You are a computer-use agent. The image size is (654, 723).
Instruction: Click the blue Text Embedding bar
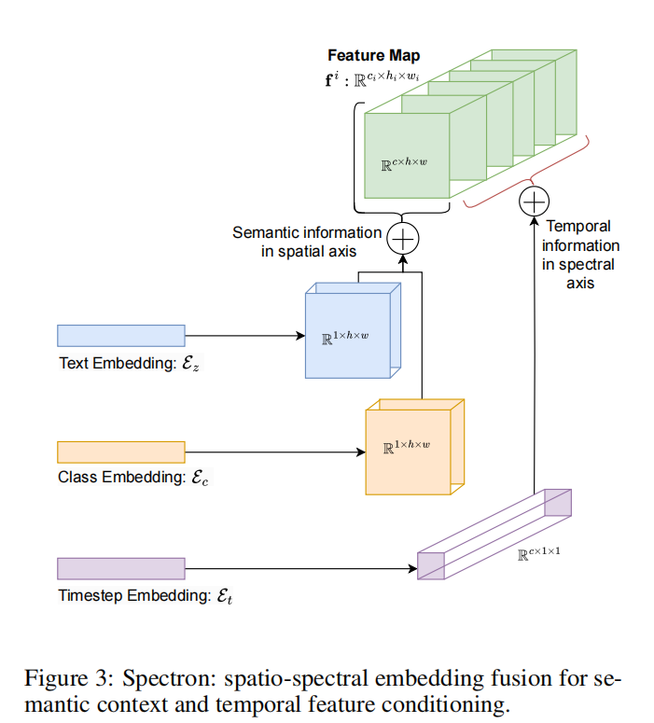click(x=121, y=336)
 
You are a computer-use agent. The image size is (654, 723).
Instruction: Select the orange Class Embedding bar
click(x=121, y=452)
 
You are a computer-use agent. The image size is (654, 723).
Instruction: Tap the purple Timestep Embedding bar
click(x=121, y=568)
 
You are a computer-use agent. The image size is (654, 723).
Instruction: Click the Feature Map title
click(x=373, y=55)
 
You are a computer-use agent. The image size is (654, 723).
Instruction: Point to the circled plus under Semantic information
click(x=403, y=239)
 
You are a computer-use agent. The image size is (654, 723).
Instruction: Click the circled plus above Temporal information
click(x=534, y=202)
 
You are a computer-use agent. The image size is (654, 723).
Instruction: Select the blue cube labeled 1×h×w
click(x=353, y=330)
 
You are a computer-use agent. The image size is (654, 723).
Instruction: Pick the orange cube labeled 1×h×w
click(x=414, y=447)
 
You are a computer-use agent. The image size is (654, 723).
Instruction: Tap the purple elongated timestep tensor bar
click(x=494, y=535)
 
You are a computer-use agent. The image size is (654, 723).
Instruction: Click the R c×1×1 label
click(x=538, y=553)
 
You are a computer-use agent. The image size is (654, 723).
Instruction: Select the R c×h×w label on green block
click(x=404, y=163)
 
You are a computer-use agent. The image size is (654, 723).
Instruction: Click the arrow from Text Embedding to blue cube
click(x=245, y=336)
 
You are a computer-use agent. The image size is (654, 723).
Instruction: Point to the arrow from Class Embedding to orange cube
click(x=275, y=452)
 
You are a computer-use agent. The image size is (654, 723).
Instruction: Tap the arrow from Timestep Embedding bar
click(x=301, y=568)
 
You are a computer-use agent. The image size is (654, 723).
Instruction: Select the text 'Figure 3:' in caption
click(x=69, y=679)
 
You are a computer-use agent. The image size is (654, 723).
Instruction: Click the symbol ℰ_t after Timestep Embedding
click(x=225, y=596)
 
